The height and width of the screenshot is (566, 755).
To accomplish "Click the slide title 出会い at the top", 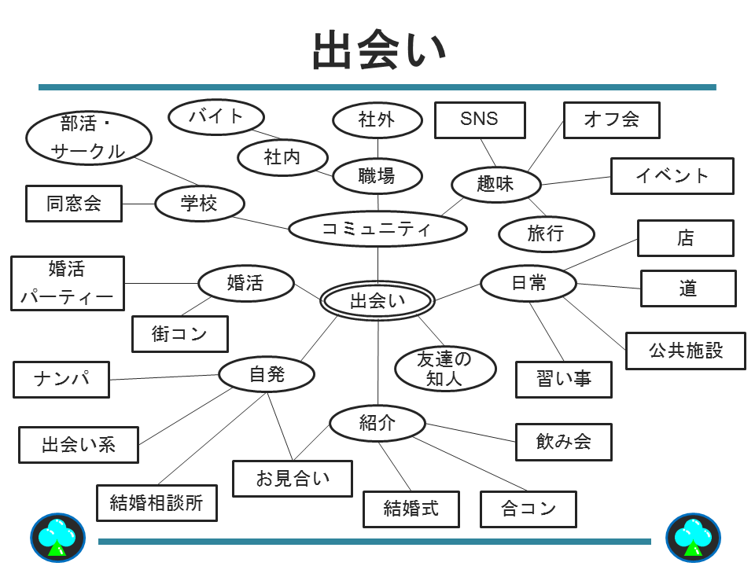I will (378, 51).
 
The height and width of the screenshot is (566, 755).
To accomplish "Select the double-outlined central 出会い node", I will (377, 301).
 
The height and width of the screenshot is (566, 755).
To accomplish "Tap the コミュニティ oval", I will (377, 229).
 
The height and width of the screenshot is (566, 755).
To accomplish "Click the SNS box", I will (480, 119).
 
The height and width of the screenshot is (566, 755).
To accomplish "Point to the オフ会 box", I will (611, 119).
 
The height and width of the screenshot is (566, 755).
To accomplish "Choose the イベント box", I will (672, 175).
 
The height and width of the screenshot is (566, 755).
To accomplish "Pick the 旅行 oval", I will (546, 233).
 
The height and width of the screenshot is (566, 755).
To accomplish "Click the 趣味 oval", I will (495, 185).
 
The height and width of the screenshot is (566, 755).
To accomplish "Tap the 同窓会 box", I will (74, 204).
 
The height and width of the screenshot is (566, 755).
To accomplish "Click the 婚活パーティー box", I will (67, 283).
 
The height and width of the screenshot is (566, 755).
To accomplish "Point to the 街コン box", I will (179, 334).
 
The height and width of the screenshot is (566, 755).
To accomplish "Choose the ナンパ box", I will (61, 380).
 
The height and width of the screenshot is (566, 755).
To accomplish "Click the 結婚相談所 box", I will (157, 503).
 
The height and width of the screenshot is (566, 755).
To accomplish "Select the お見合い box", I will (293, 478).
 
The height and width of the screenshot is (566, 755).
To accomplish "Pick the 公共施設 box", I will (685, 351).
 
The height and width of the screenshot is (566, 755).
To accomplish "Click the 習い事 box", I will (563, 380).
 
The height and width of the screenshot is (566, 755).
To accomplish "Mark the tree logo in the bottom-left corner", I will (57, 538).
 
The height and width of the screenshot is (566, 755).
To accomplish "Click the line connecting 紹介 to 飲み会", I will (470, 432).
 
